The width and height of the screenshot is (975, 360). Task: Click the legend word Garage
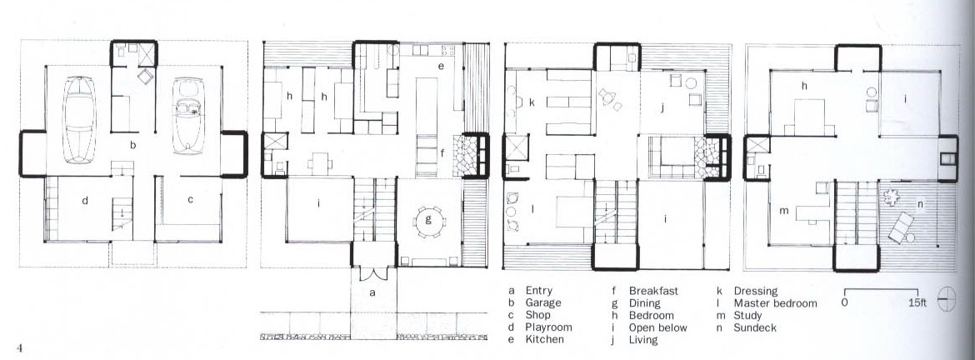point(542,302)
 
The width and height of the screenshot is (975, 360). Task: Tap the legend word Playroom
point(548,327)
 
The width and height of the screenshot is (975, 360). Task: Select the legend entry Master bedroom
point(775,303)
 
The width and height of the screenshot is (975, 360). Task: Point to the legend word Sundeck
point(755,327)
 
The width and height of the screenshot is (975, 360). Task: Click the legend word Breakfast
point(653,290)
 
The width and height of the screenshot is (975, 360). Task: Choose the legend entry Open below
point(658,327)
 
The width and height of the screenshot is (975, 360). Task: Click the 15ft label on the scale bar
point(917,302)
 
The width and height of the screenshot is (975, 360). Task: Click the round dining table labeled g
point(428,222)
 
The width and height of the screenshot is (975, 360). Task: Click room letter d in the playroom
point(85,200)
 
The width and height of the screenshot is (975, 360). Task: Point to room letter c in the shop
point(190,200)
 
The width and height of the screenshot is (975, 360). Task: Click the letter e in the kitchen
point(441,65)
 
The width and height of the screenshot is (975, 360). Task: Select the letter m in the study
point(784,211)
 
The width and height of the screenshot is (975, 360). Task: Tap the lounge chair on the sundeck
point(901,227)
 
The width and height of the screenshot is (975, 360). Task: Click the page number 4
point(19,348)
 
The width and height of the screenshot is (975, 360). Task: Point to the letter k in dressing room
point(532,101)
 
